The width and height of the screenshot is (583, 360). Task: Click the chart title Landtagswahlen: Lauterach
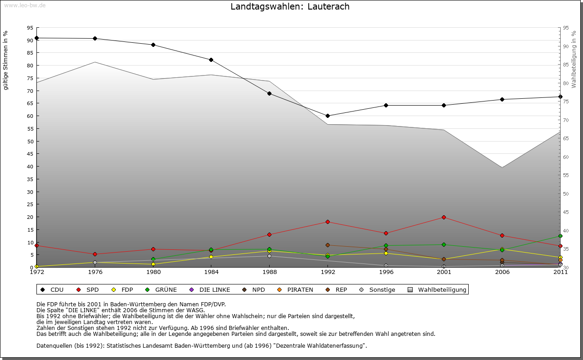[x=290, y=6]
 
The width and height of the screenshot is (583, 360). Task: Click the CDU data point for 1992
[x=327, y=116]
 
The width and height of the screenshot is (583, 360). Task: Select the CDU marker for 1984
[x=211, y=60]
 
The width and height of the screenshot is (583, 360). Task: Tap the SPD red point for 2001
[x=444, y=217]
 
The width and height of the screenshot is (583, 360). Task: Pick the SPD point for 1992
[x=327, y=222]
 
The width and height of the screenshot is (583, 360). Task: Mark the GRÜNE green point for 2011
[x=560, y=236]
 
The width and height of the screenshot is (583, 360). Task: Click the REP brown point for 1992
[x=327, y=245]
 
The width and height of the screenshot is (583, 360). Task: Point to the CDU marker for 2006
[x=502, y=99]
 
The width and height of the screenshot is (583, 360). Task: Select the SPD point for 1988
[x=269, y=234]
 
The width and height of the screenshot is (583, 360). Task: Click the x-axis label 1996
[x=386, y=272]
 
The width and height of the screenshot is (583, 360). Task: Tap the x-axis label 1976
[x=95, y=272]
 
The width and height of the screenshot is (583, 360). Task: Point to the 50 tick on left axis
[x=30, y=141]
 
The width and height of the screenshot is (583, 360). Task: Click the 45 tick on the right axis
[x=566, y=212]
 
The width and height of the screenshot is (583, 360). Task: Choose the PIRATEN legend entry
[x=296, y=289]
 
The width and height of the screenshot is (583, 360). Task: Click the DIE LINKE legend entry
[x=210, y=289]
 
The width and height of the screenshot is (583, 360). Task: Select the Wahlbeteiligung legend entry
[x=437, y=289]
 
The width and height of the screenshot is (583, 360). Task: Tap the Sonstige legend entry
[x=378, y=289]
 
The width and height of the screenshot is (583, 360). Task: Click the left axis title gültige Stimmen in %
[x=6, y=61]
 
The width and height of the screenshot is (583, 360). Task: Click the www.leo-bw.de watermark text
[x=25, y=5]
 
